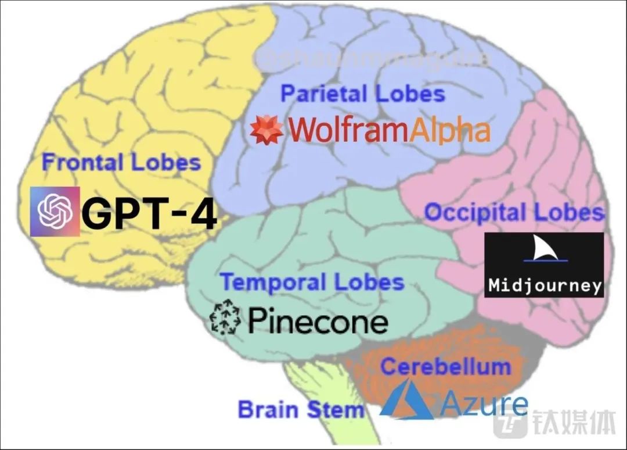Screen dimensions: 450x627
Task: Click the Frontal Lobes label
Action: coord(121,162)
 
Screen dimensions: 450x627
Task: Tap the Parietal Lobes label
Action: coord(363,94)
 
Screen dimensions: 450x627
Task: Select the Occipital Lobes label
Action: coord(514,212)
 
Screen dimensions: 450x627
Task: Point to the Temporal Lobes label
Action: coord(312,283)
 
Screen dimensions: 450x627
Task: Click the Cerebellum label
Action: coord(445,366)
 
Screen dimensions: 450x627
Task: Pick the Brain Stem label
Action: coord(301,409)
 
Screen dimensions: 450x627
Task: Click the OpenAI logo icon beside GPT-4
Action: coord(55,211)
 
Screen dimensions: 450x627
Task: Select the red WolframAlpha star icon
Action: coord(266,130)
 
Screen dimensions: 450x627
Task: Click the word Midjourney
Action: coord(545,285)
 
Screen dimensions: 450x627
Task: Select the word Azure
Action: coord(484,403)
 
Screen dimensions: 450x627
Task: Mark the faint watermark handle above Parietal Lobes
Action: coord(372,59)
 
